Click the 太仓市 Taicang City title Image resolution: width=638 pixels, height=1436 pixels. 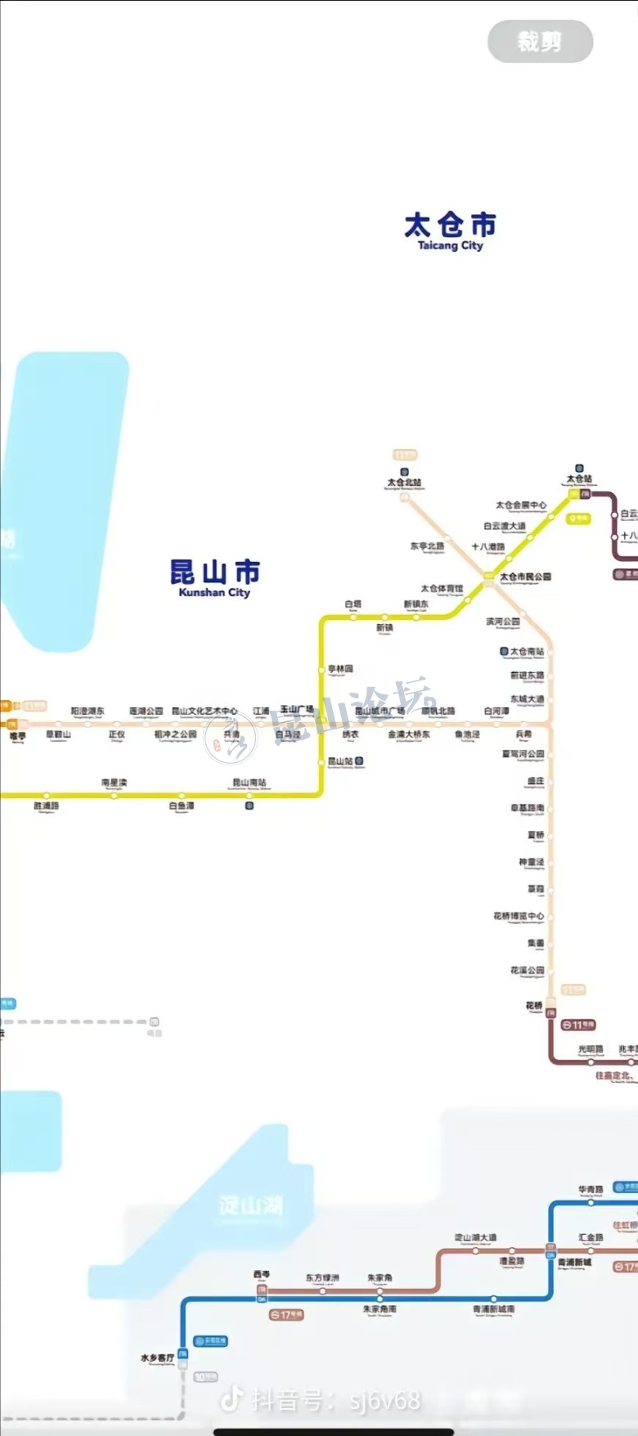(450, 231)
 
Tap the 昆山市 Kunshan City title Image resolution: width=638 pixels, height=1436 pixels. (214, 577)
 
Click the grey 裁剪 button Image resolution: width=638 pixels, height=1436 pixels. (540, 41)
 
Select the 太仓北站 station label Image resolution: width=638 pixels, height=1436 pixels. (404, 482)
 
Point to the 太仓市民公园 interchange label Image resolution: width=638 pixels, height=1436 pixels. (525, 577)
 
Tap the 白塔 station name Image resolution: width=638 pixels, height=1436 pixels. (353, 604)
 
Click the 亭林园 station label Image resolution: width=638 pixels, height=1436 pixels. (340, 669)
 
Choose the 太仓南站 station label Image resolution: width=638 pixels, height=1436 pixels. (527, 652)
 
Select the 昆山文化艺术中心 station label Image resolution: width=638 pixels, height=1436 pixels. (204, 711)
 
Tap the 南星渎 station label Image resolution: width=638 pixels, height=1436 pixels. (115, 783)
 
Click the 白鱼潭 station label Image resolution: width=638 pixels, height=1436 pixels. (182, 806)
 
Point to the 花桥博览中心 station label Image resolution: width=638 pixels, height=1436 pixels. (519, 916)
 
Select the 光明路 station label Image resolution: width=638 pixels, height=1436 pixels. (591, 1049)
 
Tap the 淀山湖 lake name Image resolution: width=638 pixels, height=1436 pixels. (250, 1205)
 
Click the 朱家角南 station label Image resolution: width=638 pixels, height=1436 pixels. (380, 1309)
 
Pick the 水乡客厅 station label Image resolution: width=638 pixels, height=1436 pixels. (157, 1357)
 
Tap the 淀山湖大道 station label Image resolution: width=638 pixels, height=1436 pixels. (476, 1237)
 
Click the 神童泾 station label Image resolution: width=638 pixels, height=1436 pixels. (531, 862)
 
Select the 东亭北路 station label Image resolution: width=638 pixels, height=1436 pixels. (427, 545)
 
